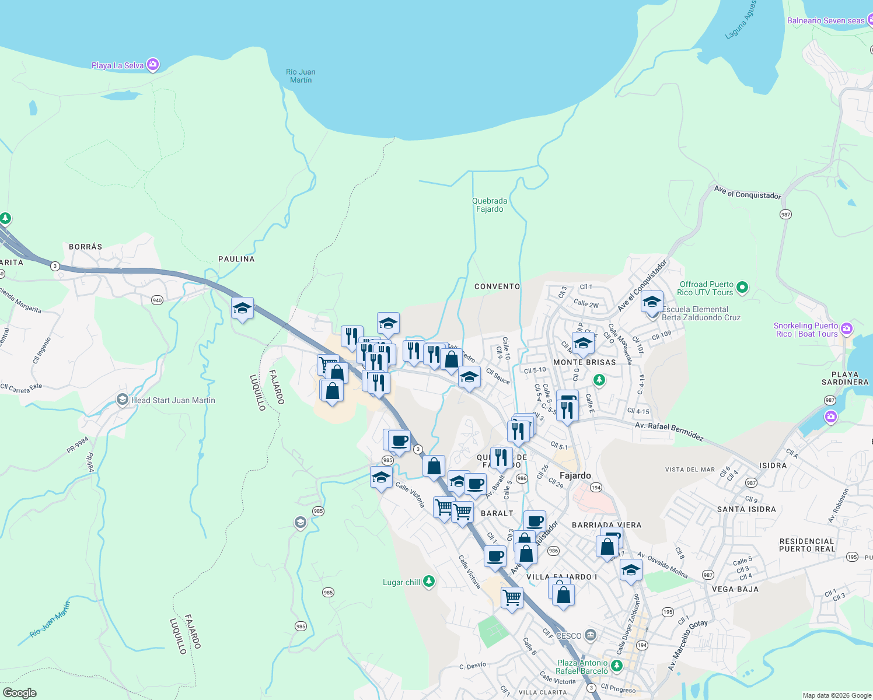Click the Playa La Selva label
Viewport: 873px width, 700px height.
pyautogui.click(x=117, y=65)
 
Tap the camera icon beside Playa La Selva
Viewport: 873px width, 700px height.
pyautogui.click(x=153, y=65)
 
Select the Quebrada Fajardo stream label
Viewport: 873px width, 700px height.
pyautogui.click(x=489, y=205)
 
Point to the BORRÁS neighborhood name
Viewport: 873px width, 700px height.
pyautogui.click(x=86, y=247)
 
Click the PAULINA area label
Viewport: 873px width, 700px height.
pyautogui.click(x=236, y=259)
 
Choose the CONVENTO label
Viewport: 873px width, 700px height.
pyautogui.click(x=497, y=286)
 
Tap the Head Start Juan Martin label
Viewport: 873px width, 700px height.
pyautogui.click(x=173, y=400)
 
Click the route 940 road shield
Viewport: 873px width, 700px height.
pyautogui.click(x=157, y=300)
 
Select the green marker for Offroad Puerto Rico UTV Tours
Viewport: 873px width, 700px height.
pyautogui.click(x=742, y=287)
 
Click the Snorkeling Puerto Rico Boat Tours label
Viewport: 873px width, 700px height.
pyautogui.click(x=805, y=330)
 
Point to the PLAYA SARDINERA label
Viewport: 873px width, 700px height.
pyautogui.click(x=845, y=378)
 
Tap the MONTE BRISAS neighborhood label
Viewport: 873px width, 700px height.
pyautogui.click(x=584, y=362)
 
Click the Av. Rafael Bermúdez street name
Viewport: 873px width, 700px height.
pyautogui.click(x=669, y=431)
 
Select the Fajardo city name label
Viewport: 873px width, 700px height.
pyautogui.click(x=575, y=475)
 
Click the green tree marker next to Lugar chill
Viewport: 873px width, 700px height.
pyautogui.click(x=429, y=582)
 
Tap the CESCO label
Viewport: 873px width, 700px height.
pyautogui.click(x=568, y=636)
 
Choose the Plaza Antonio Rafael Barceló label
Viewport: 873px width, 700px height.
pyautogui.click(x=582, y=667)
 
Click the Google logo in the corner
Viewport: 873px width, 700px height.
pyautogui.click(x=20, y=693)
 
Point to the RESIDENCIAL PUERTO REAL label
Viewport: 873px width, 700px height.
pyautogui.click(x=807, y=545)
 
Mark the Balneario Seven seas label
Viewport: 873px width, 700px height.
pyautogui.click(x=825, y=20)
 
